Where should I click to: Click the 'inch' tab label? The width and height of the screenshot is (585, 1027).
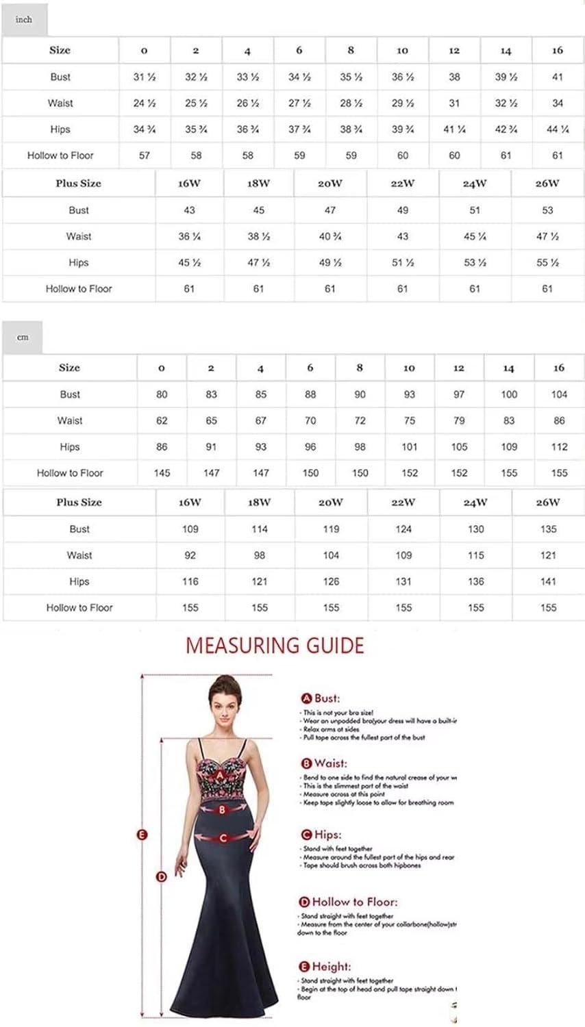[24, 19]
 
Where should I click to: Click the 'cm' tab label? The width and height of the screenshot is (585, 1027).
[23, 338]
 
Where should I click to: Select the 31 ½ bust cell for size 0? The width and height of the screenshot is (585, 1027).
[145, 77]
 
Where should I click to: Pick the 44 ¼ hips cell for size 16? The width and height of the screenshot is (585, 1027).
[558, 129]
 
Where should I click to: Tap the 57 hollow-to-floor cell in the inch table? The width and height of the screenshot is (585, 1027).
[145, 155]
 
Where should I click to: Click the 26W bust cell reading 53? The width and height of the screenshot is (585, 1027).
[547, 210]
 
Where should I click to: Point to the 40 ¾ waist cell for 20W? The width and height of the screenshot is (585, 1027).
[330, 236]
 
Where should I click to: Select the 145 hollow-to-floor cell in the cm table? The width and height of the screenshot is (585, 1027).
[162, 473]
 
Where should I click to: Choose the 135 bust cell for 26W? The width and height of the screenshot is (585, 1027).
[549, 529]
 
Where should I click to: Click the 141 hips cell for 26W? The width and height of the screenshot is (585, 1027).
[549, 581]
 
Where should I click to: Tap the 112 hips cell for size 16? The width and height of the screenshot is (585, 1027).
[559, 447]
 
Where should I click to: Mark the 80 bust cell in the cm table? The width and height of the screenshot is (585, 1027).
[162, 394]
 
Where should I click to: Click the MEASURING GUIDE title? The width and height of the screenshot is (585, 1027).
[275, 646]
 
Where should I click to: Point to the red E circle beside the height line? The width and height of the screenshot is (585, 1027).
[142, 835]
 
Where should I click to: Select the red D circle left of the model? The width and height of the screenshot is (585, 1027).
[162, 876]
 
